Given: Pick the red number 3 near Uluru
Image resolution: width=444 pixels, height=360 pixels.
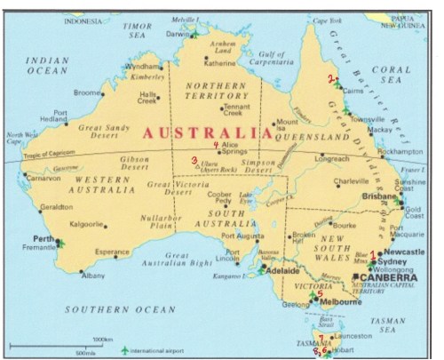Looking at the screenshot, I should click(194, 160).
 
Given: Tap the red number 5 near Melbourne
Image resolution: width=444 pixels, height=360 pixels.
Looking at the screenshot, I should click(320, 293).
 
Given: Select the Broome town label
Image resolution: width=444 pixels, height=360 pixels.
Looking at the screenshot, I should click(87, 92).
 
